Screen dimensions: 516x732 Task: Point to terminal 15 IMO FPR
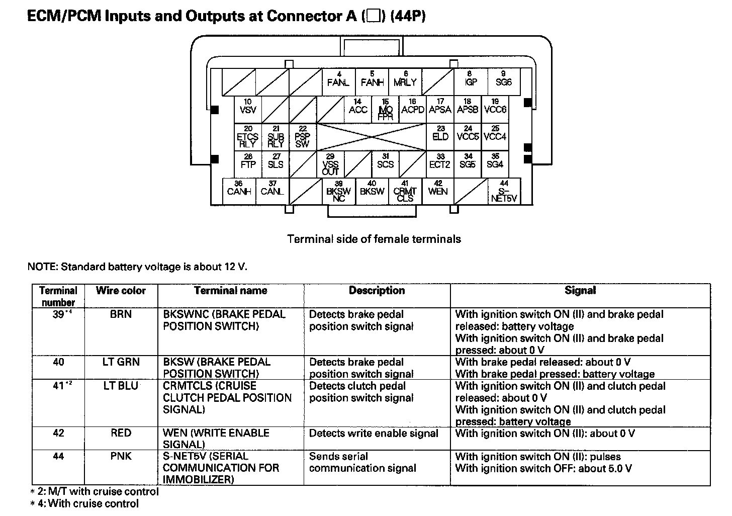pyautogui.click(x=386, y=110)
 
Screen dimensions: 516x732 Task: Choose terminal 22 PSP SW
pyautogui.click(x=302, y=137)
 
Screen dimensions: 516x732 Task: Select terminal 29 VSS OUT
pyautogui.click(x=330, y=164)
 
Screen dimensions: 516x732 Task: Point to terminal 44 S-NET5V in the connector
pyautogui.click(x=504, y=192)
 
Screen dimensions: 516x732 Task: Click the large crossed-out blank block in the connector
pyautogui.click(x=371, y=137)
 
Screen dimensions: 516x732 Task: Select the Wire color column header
pyautogui.click(x=121, y=291)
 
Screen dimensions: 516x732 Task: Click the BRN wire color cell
pyautogui.click(x=121, y=315)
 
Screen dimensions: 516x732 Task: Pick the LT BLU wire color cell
pyautogui.click(x=121, y=386)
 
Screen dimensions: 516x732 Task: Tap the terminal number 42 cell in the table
pyautogui.click(x=58, y=433)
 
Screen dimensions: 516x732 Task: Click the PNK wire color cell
pyautogui.click(x=121, y=457)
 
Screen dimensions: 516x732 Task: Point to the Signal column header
pyautogui.click(x=580, y=291)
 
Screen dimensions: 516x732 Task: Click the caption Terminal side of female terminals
pyautogui.click(x=374, y=239)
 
